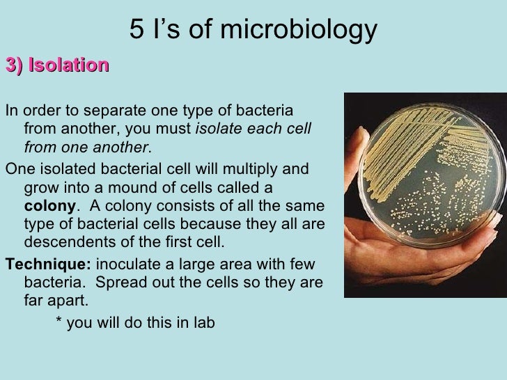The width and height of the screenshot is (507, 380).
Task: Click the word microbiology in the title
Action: pyautogui.click(x=311, y=29)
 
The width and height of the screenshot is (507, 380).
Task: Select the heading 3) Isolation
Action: pyautogui.click(x=57, y=65)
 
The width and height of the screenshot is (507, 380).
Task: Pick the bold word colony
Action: pyautogui.click(x=49, y=207)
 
